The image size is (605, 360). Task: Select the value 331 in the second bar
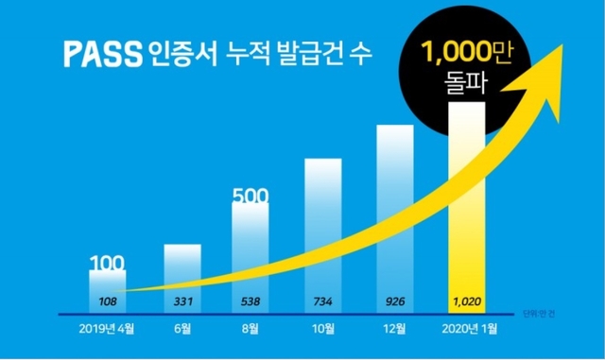click(x=182, y=301)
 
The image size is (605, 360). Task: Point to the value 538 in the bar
click(x=251, y=301)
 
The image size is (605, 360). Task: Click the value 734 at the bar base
click(x=322, y=301)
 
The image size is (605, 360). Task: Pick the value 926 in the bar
click(x=396, y=301)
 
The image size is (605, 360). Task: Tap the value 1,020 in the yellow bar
click(x=466, y=301)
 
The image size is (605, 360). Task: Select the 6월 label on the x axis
click(x=182, y=329)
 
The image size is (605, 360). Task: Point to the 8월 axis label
click(x=252, y=329)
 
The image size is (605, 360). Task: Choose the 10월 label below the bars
click(x=322, y=329)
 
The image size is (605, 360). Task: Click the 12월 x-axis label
click(x=396, y=329)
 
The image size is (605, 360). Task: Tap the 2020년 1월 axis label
click(x=467, y=329)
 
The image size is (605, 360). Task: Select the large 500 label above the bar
click(x=252, y=197)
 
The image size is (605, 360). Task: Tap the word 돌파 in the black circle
click(x=466, y=88)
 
